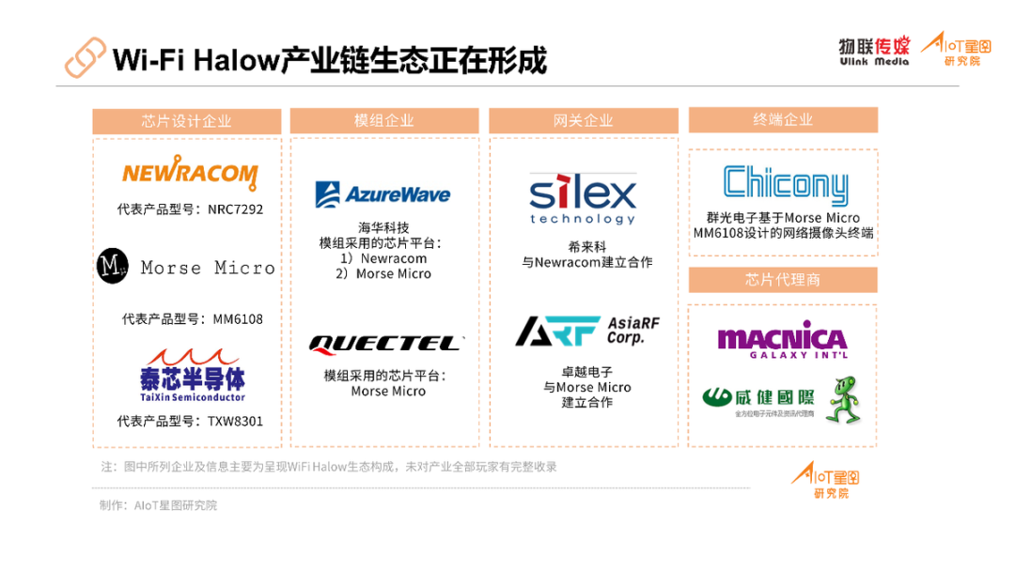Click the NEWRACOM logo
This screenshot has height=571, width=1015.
(x=189, y=174)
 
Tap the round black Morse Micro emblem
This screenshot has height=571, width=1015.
(x=113, y=267)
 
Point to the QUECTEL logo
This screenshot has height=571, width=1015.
(x=385, y=344)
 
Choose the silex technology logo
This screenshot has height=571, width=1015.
(x=583, y=198)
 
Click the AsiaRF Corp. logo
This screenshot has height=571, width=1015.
(x=587, y=332)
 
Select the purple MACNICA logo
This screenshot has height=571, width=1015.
(x=782, y=340)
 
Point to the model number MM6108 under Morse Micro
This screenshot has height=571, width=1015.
(x=238, y=319)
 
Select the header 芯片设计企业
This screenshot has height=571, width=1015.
(x=186, y=121)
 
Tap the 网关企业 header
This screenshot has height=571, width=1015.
(x=583, y=120)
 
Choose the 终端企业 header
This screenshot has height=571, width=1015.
(x=783, y=119)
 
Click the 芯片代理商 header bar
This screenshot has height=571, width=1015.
(x=783, y=280)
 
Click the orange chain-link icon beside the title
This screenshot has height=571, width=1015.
(x=85, y=58)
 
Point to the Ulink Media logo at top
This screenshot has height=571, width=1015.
(x=874, y=51)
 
